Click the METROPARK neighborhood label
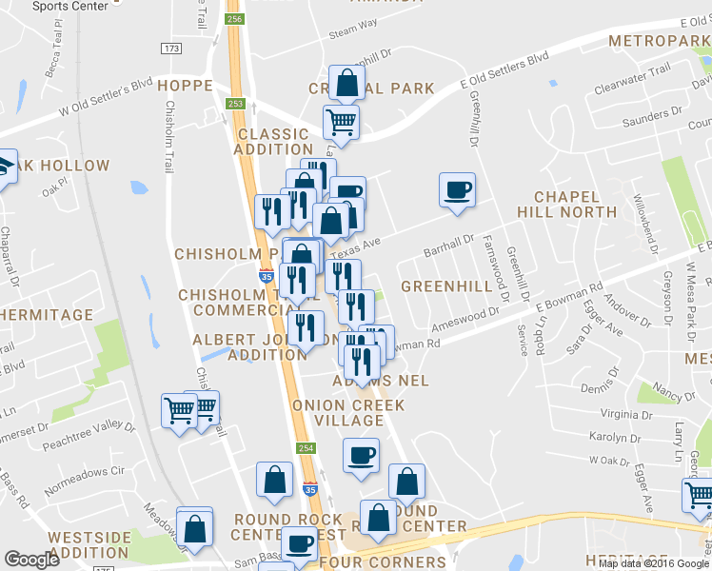(659, 42)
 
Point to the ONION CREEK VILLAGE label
(348, 413)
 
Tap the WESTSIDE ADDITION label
(90, 544)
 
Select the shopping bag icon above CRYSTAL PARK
(346, 82)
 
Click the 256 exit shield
(234, 19)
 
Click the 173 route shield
(171, 48)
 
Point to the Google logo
(31, 560)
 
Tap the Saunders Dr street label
(652, 122)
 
